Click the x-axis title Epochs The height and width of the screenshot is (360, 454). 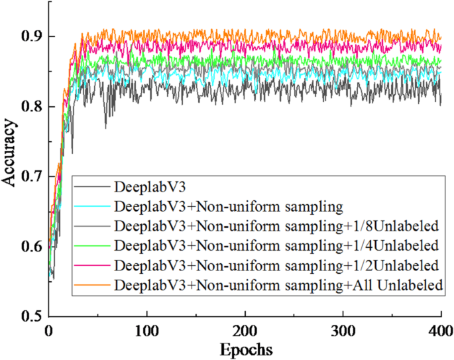[245, 348]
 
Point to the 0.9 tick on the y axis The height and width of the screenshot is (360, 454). [30, 36]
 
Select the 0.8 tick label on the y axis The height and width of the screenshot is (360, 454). [30, 106]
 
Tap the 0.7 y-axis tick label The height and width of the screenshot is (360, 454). [30, 177]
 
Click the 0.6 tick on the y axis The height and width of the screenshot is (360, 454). [30, 247]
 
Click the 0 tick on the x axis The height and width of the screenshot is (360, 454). [48, 330]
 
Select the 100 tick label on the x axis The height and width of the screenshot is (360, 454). [146, 330]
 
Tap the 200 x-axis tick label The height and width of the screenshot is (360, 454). [245, 330]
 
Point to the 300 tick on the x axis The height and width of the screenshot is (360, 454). [343, 330]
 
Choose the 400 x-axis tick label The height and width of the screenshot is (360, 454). [441, 330]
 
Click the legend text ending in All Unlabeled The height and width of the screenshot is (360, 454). [278, 285]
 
